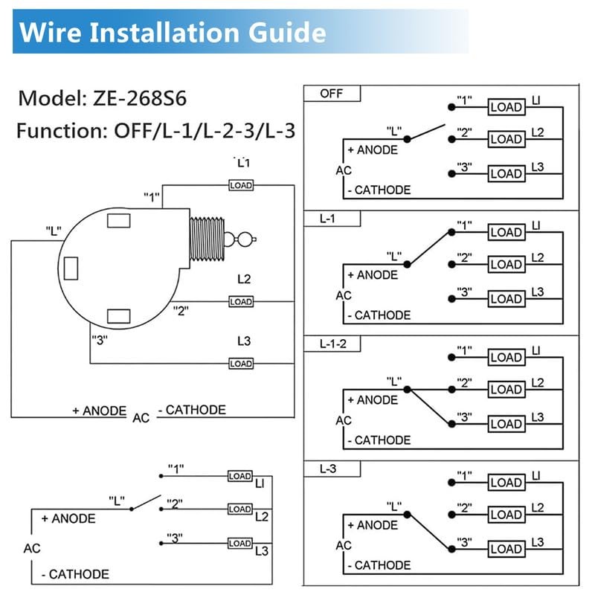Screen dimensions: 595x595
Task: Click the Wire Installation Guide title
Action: [x=173, y=33]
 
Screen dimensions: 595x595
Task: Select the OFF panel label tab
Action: [x=332, y=94]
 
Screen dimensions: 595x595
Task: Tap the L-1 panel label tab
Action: [x=332, y=219]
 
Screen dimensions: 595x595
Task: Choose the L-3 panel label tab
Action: [x=332, y=469]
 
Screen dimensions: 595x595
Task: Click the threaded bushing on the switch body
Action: [x=209, y=239]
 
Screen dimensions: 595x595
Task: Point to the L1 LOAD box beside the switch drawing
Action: [x=240, y=185]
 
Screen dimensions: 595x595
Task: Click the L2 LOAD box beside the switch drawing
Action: [x=240, y=302]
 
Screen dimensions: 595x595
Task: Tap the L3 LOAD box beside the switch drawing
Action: [x=240, y=364]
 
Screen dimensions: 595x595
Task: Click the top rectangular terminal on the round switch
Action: [x=119, y=220]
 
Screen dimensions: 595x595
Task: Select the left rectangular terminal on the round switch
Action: [x=71, y=268]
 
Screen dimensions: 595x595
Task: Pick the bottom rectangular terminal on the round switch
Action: [x=119, y=316]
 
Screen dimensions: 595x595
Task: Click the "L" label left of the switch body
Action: [x=53, y=231]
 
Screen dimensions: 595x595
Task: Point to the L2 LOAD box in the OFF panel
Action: [x=506, y=139]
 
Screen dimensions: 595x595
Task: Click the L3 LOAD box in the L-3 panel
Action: [x=506, y=549]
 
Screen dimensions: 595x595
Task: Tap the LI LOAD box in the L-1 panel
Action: [x=506, y=232]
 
